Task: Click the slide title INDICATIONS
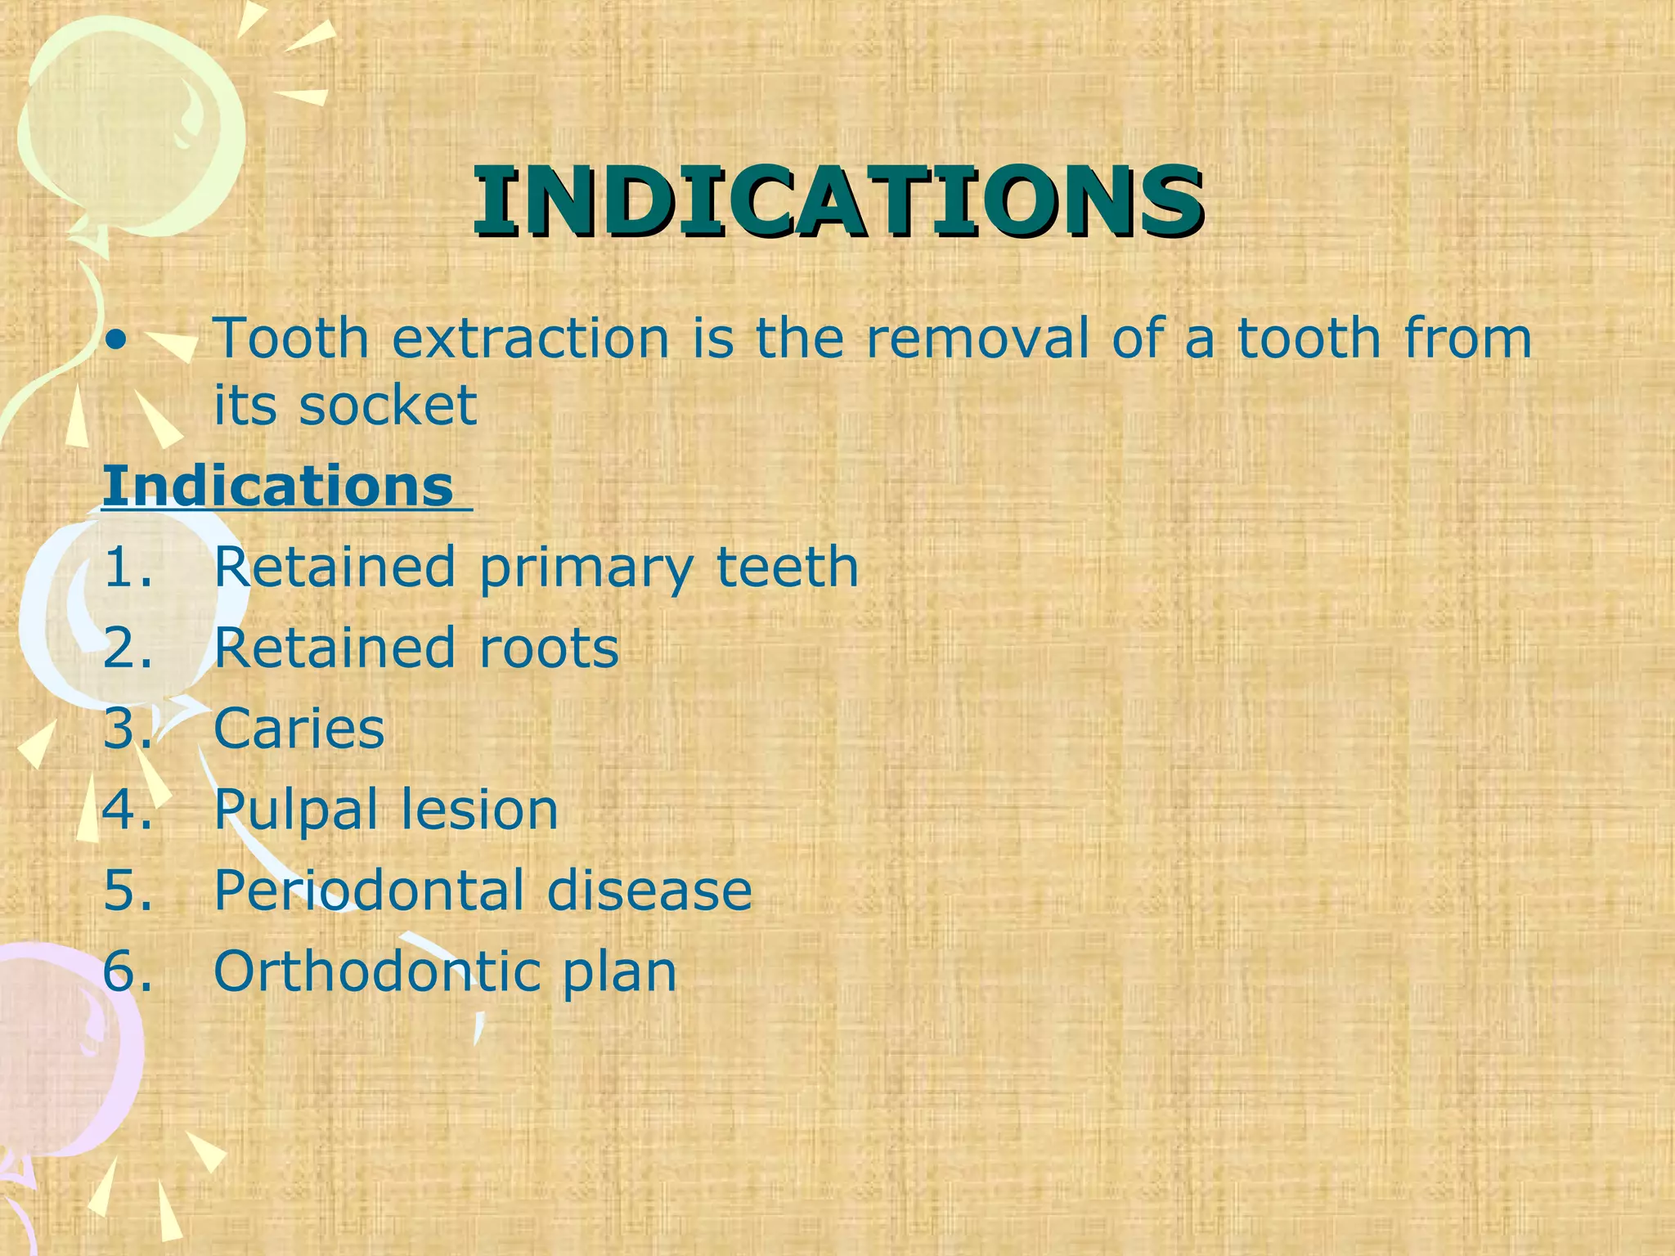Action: pos(837,200)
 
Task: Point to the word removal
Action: pos(977,338)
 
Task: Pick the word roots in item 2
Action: pos(549,648)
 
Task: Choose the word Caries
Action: pos(299,728)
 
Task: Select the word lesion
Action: pos(479,809)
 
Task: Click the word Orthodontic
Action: pos(376,971)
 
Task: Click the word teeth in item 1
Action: pos(788,567)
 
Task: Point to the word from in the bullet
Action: pos(1468,338)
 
